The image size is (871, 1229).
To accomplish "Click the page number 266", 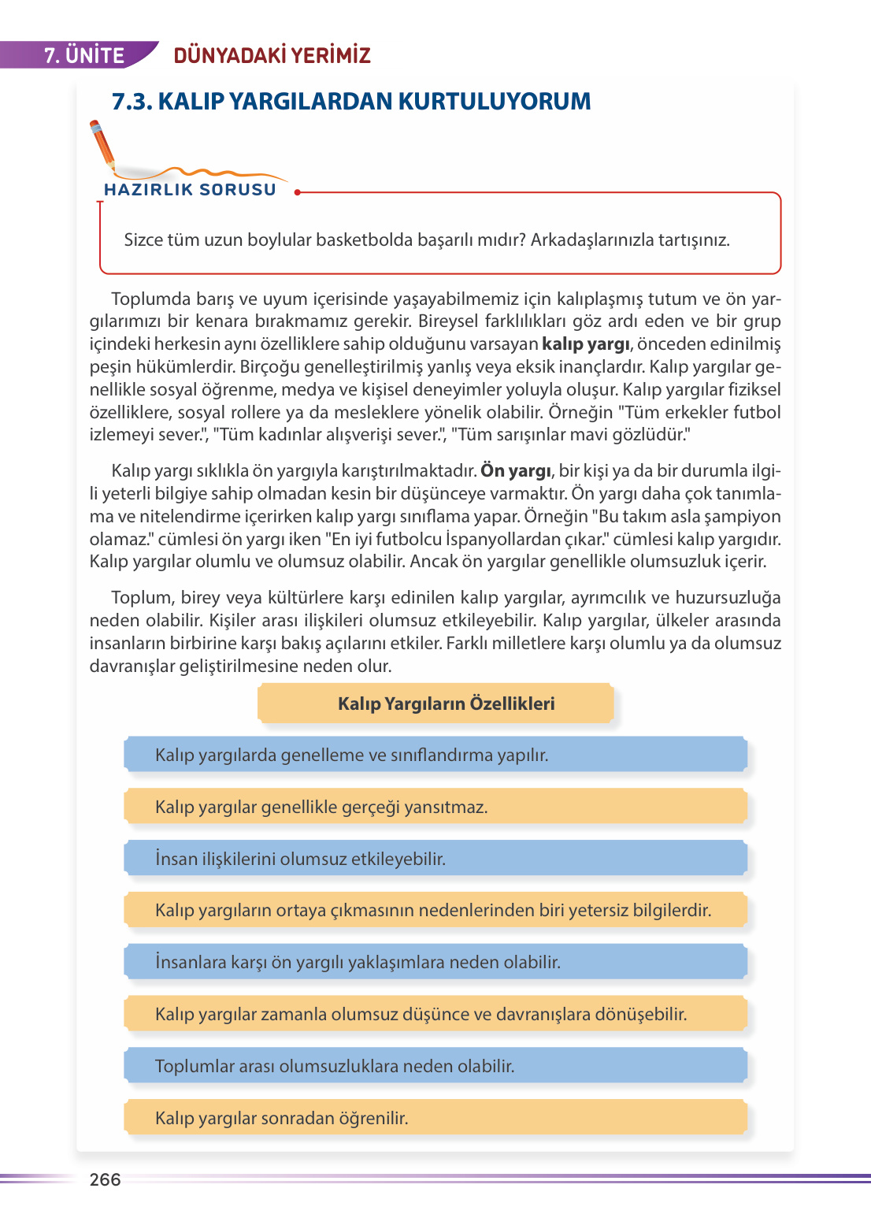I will [105, 1179].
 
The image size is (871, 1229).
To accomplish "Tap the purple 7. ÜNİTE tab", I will [83, 55].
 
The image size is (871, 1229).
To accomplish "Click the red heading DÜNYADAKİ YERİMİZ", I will [272, 55].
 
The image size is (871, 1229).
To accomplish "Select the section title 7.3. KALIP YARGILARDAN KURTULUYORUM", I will [351, 102].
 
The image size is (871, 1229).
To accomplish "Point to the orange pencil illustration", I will [102, 146].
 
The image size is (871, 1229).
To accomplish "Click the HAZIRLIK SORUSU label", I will [190, 190].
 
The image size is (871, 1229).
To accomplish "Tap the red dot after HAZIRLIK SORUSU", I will [297, 191].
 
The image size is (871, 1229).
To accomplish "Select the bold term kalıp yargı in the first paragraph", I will [586, 344].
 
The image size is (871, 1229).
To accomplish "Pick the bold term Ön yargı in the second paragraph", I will [516, 471].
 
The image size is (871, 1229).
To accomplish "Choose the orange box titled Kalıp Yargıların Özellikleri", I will [435, 704].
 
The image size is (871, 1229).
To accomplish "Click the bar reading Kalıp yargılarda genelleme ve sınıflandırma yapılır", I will [435, 755].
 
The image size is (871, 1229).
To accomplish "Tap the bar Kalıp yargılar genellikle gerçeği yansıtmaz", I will [435, 807].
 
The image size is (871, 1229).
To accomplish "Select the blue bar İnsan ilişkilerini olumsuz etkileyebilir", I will [435, 859].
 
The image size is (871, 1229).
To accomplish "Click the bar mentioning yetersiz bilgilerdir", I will [435, 910].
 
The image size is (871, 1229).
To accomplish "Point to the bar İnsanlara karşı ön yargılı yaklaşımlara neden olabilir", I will [435, 962].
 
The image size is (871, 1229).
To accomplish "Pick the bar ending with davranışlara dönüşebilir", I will [435, 1014].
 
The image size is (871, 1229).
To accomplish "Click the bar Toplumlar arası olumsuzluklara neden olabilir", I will [435, 1066].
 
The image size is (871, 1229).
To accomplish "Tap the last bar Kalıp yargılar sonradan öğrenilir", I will [435, 1118].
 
